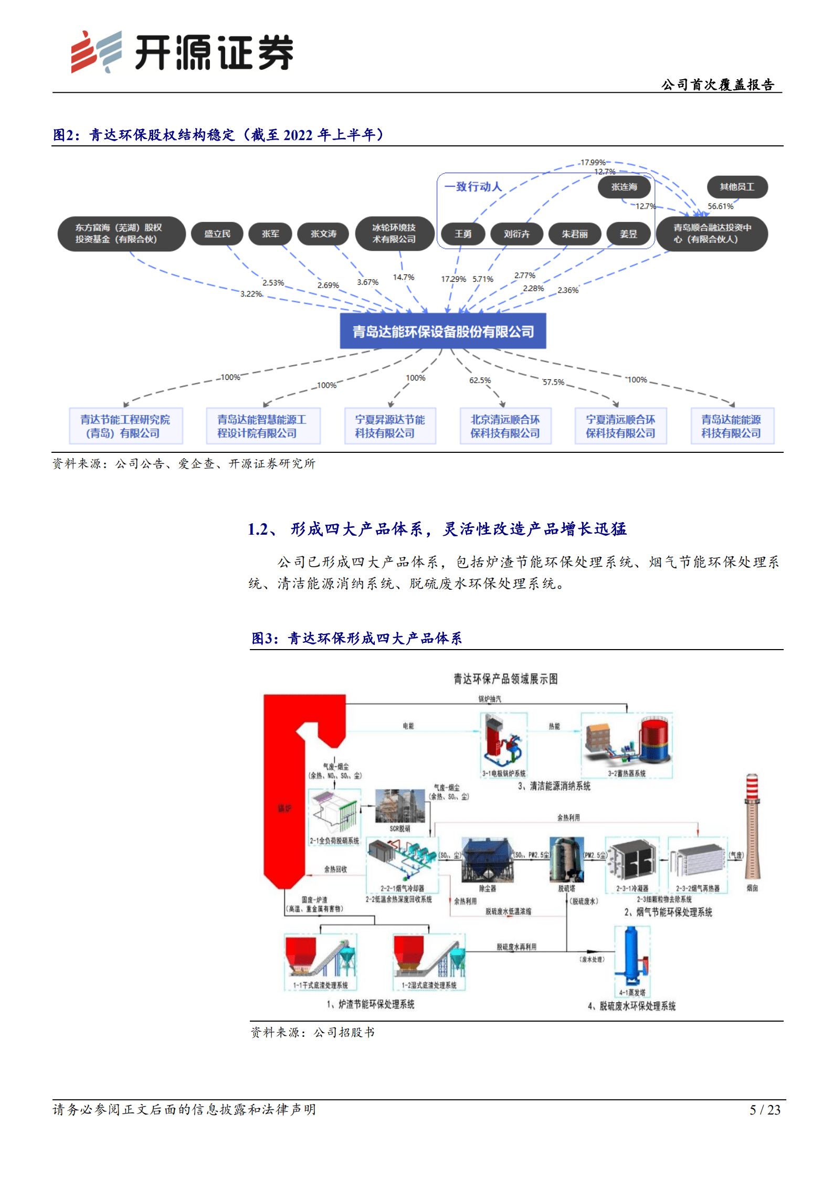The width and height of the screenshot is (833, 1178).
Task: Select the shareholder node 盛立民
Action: (217, 234)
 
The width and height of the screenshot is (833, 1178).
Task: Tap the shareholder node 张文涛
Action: (323, 234)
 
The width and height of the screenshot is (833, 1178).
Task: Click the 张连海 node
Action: (624, 187)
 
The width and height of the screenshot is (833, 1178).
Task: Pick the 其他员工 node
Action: (736, 187)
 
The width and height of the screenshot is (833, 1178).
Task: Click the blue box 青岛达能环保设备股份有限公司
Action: (442, 331)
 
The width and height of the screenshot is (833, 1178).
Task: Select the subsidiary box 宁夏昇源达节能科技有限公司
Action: (389, 426)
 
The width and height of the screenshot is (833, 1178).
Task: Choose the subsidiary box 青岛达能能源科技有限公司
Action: (731, 426)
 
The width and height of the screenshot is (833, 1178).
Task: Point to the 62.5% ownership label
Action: (480, 380)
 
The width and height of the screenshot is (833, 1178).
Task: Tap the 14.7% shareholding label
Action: (403, 277)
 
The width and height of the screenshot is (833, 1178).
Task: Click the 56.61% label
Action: (720, 206)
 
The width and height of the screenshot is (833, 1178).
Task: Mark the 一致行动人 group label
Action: (473, 187)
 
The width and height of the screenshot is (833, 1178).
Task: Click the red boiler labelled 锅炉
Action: (284, 808)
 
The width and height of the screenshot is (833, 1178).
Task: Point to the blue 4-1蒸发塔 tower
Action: (631, 958)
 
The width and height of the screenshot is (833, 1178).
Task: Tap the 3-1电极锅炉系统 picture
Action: (503, 741)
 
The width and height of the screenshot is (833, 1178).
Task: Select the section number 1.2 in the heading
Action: (258, 529)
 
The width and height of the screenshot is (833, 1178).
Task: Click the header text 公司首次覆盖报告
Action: (718, 84)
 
